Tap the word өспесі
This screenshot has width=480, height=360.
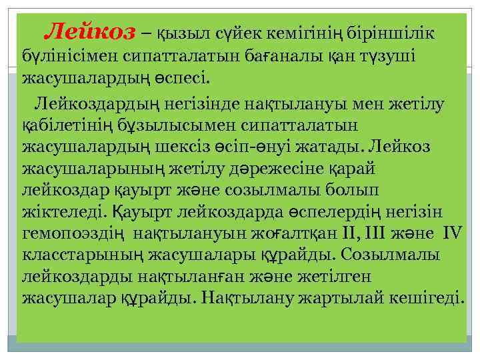coord(183,77)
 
